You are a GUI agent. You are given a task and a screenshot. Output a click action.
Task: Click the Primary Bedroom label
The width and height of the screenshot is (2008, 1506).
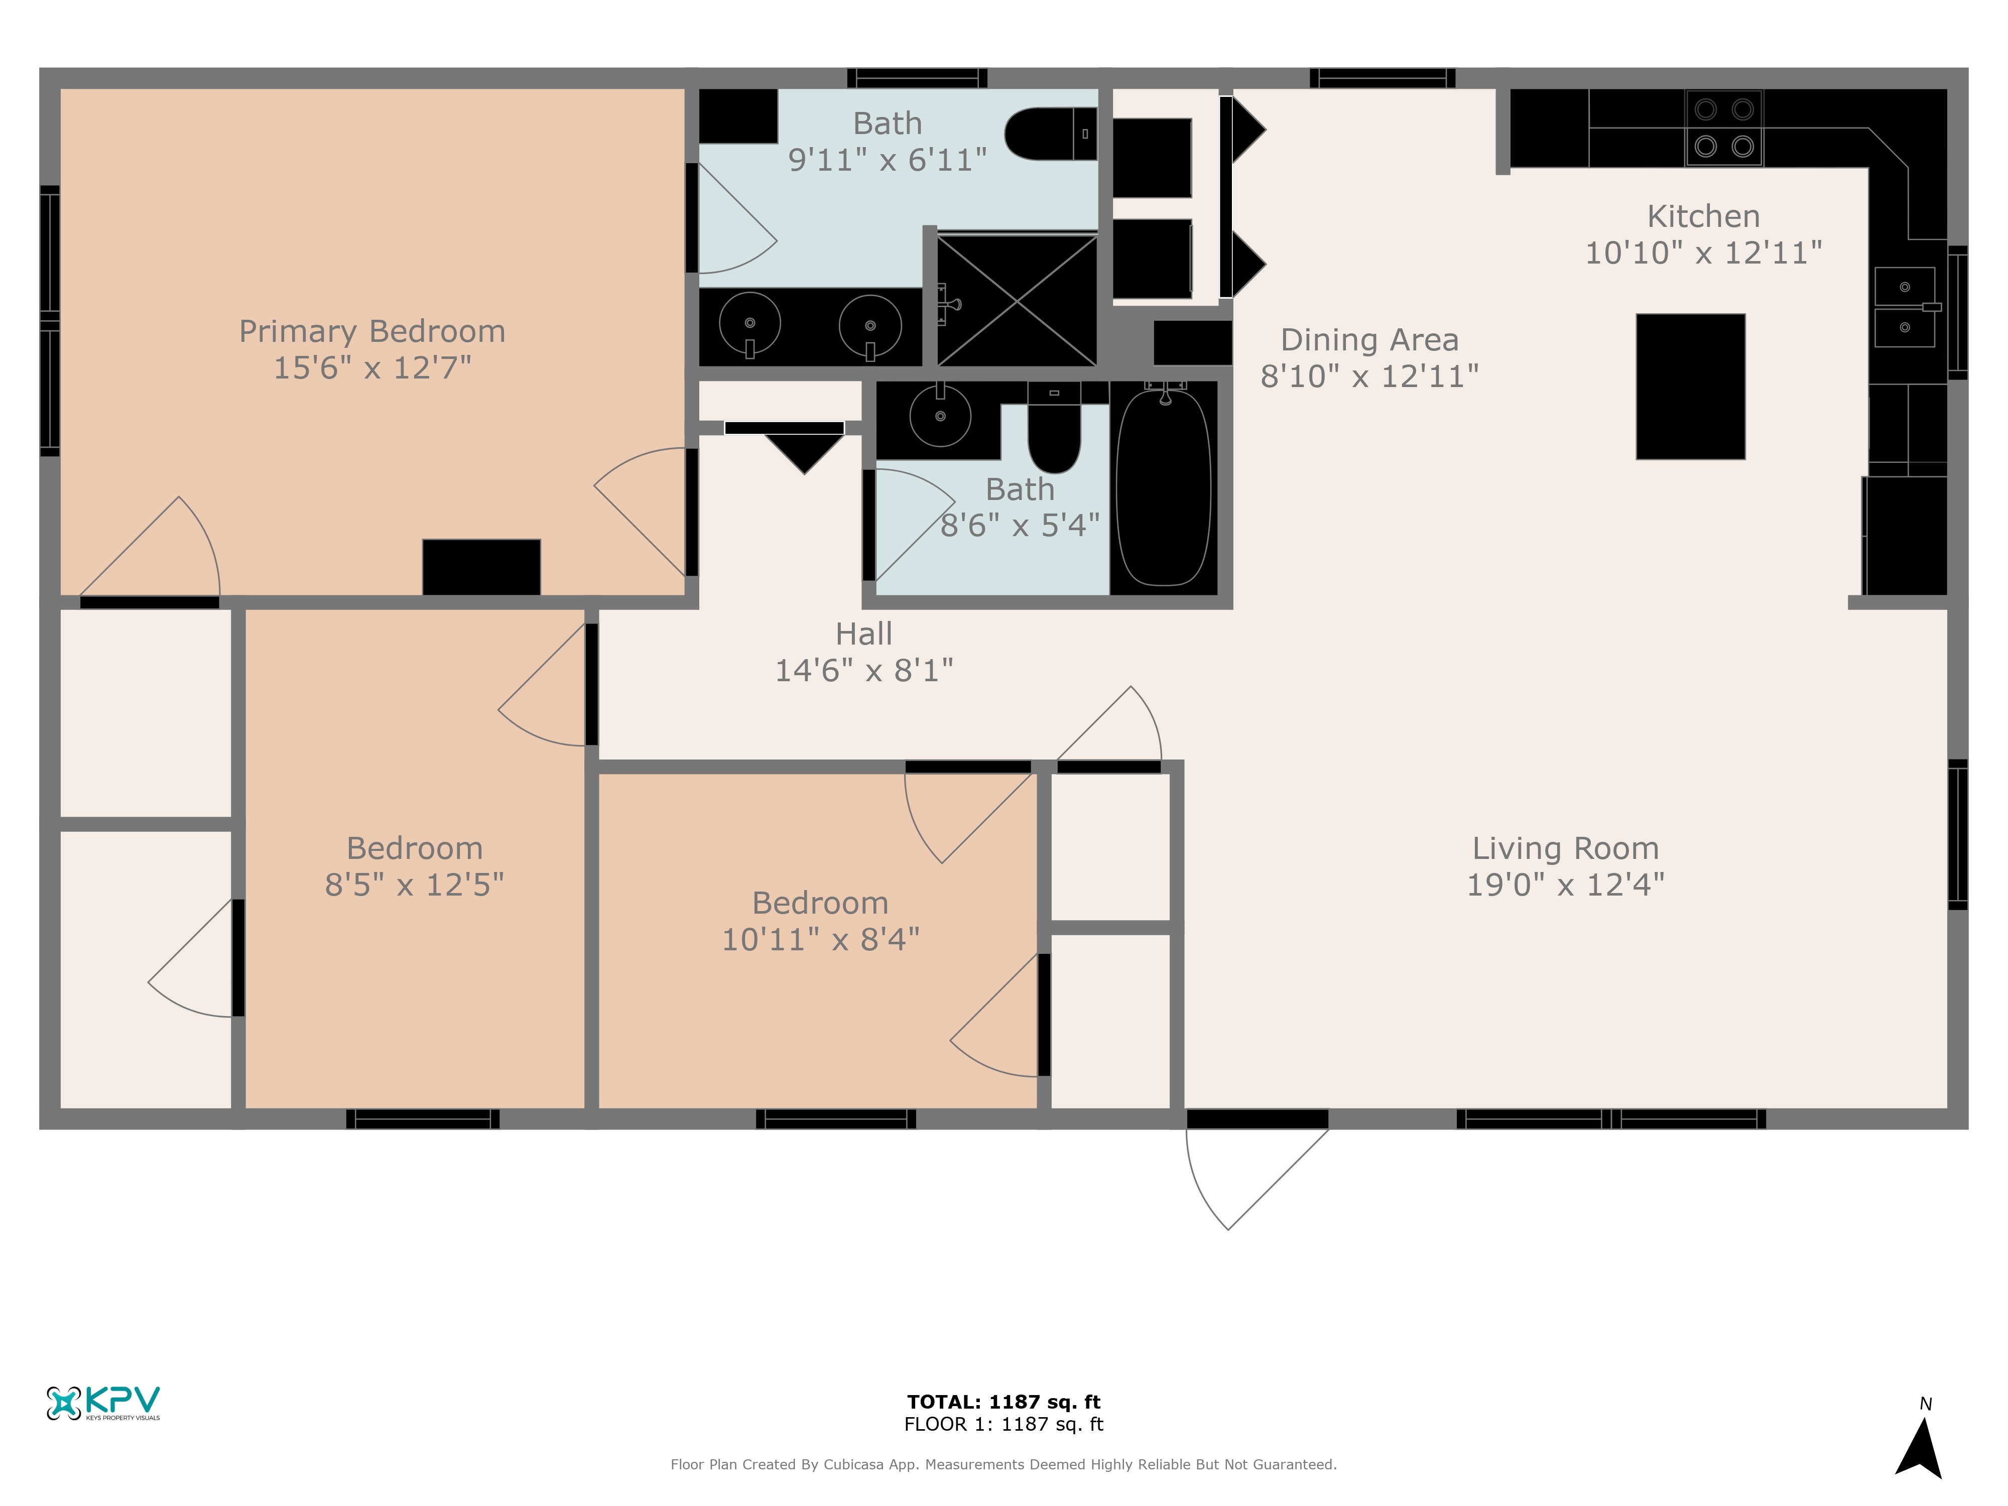[x=372, y=331]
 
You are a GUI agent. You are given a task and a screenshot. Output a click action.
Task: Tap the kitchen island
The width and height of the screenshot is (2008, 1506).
[x=1690, y=387]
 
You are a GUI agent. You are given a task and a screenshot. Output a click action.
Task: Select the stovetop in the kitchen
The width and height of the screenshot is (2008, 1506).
[x=1724, y=128]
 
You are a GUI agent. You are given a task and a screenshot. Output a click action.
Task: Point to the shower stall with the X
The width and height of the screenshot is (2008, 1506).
[x=1017, y=300]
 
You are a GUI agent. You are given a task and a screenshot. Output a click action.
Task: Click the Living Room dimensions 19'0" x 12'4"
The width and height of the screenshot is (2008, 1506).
[x=1566, y=884]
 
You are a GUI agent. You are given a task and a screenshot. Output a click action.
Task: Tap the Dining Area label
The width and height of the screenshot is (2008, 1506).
[x=1370, y=339]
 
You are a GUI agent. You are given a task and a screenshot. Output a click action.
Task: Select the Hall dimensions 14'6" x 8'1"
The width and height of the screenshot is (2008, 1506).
[x=864, y=670]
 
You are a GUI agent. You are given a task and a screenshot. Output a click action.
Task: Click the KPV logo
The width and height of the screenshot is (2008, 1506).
[x=103, y=1403]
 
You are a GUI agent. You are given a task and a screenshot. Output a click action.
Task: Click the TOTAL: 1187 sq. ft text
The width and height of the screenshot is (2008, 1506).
[x=1004, y=1402]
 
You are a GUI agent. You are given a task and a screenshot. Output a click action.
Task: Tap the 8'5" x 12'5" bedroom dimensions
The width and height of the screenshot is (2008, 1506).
[x=415, y=884]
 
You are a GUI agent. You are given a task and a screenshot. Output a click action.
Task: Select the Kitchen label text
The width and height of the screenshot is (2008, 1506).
[x=1704, y=216]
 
